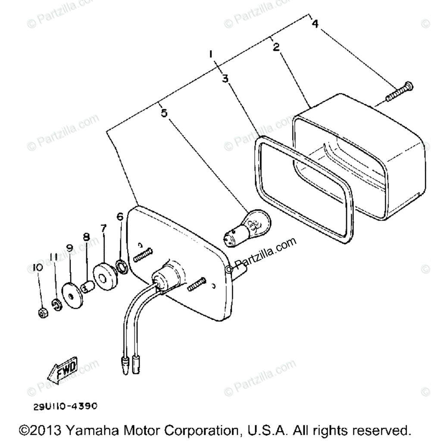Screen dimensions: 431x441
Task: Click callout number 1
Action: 211,54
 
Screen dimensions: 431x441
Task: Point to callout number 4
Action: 315,24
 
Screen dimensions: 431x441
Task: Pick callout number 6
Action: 120,216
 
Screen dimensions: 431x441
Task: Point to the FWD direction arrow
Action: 62,370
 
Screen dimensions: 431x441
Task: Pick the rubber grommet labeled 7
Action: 105,274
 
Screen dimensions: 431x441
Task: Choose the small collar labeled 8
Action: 88,286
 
